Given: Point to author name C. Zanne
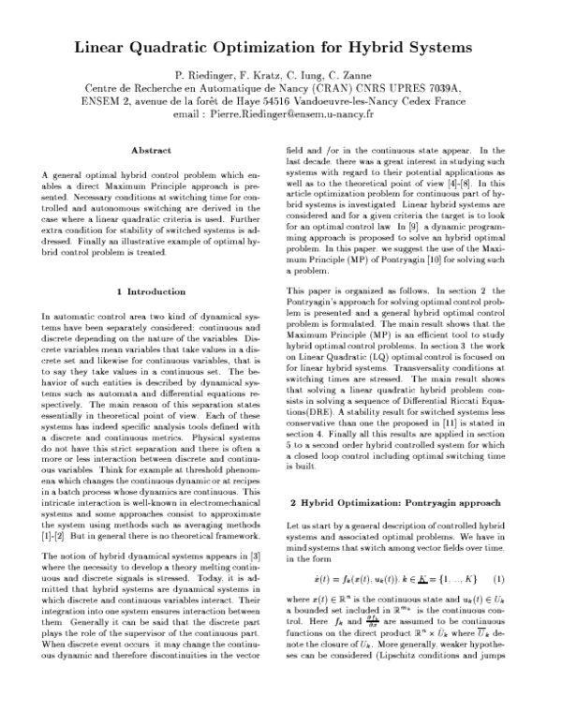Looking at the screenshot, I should click(363, 74).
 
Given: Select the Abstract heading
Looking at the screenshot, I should click(151, 150).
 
